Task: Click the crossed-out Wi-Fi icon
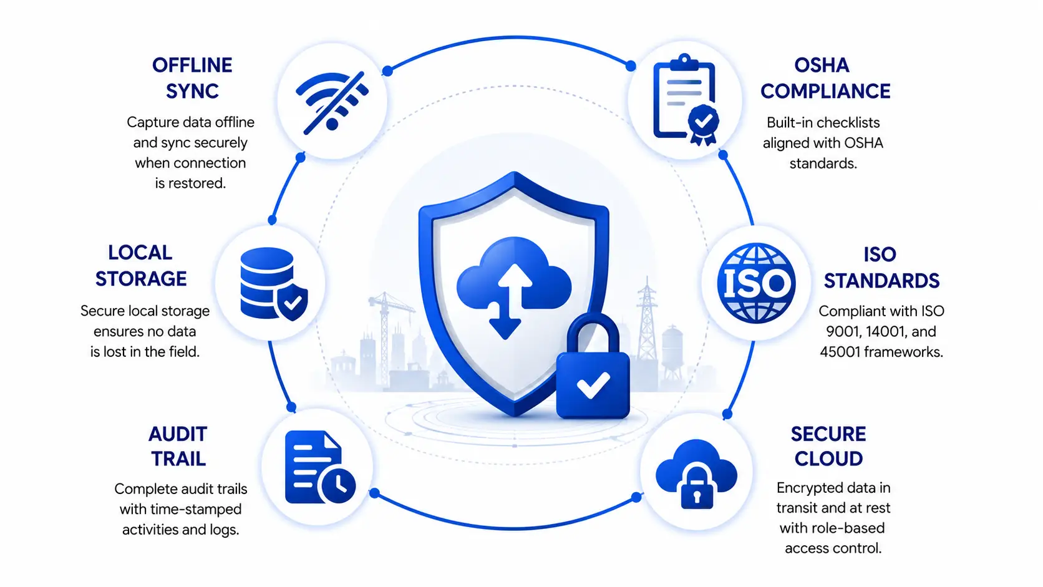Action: [332, 102]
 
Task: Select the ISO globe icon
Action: [756, 283]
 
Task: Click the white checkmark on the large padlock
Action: [593, 385]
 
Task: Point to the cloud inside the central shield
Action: [514, 274]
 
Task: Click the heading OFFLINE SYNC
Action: [192, 78]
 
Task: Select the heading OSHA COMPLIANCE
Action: [825, 78]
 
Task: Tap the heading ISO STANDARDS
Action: [881, 268]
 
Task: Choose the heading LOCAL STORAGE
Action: [140, 266]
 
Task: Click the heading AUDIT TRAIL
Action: [178, 447]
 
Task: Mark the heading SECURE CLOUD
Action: [828, 447]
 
